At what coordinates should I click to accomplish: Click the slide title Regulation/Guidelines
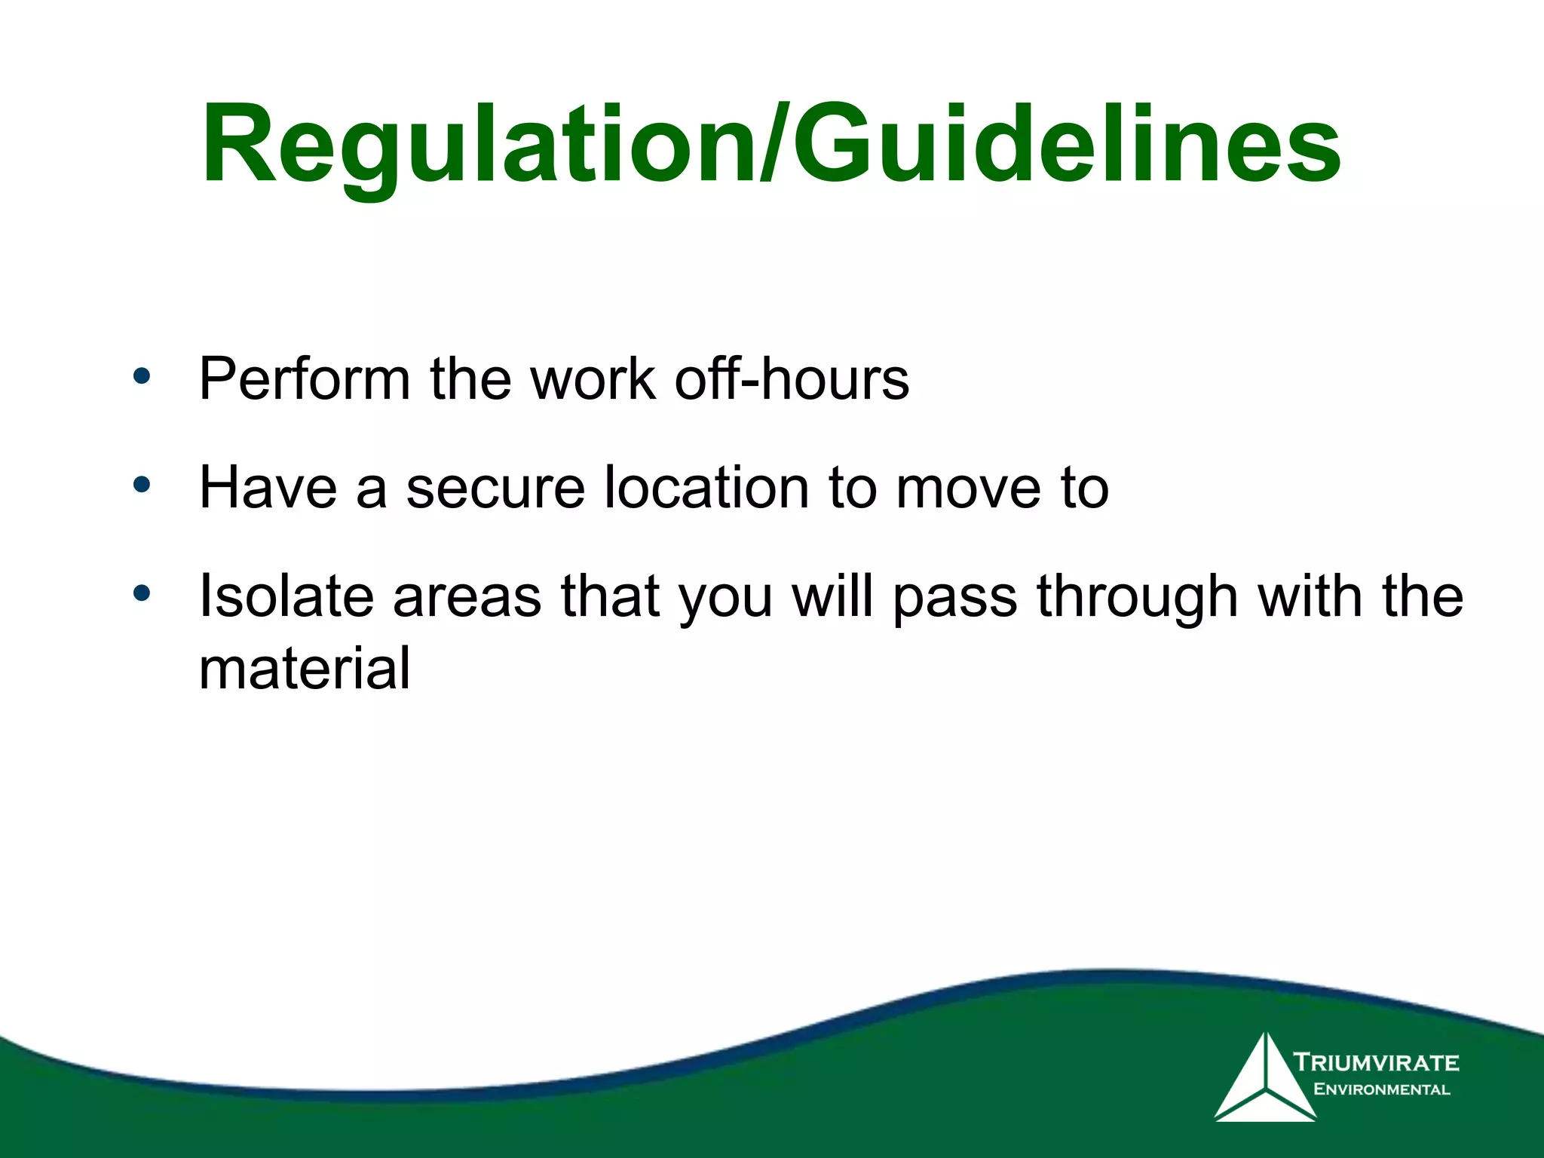click(770, 145)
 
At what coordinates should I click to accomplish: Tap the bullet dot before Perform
click(142, 375)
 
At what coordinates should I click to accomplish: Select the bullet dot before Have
click(142, 485)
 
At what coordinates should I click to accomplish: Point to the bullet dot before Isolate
click(142, 593)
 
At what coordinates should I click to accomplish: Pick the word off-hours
click(792, 378)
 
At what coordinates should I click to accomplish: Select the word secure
click(495, 488)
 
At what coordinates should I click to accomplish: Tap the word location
click(707, 488)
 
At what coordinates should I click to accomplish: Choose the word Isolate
click(286, 596)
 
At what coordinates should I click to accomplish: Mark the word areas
click(467, 596)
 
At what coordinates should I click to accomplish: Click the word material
click(305, 669)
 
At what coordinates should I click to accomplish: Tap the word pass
click(955, 596)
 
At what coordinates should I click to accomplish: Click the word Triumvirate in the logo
click(1377, 1062)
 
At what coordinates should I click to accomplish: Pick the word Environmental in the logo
click(1381, 1089)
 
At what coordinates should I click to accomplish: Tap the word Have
click(268, 488)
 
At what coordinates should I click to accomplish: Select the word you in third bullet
click(726, 596)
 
